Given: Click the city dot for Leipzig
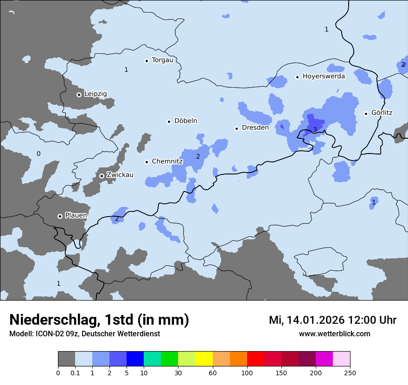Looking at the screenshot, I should pyautogui.click(x=79, y=95).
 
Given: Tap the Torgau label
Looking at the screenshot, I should pyautogui.click(x=162, y=60).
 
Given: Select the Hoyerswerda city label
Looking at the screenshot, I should pyautogui.click(x=324, y=76).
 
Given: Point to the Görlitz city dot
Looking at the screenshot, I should pyautogui.click(x=366, y=113).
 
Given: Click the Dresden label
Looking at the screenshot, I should pyautogui.click(x=255, y=128).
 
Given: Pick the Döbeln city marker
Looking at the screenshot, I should pyautogui.click(x=169, y=122).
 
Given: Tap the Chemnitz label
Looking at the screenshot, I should pyautogui.click(x=167, y=161).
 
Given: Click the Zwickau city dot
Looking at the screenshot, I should pyautogui.click(x=102, y=176).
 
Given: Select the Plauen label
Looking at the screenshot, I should pyautogui.click(x=76, y=216).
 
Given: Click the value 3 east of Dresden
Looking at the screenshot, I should pyautogui.click(x=315, y=129).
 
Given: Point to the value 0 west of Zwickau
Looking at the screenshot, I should pyautogui.click(x=38, y=154).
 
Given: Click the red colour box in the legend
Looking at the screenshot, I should pyautogui.click(x=255, y=359).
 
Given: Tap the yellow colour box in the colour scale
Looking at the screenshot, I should pyautogui.click(x=204, y=359).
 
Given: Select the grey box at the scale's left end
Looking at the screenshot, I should pyautogui.click(x=66, y=359).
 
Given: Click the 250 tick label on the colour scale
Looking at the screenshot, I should pyautogui.click(x=350, y=372).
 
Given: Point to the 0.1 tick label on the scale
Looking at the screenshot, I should pyautogui.click(x=75, y=372).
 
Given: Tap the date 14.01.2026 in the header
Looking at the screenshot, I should pyautogui.click(x=313, y=320).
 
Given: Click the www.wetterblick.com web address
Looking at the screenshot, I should pyautogui.click(x=334, y=334).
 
